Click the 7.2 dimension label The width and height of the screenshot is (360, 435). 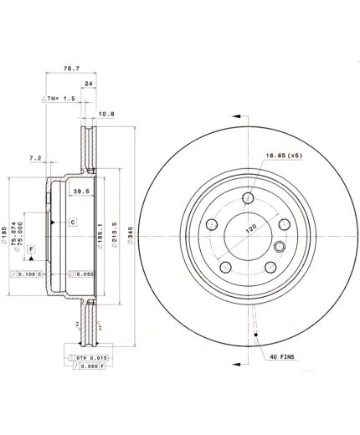point(35,156)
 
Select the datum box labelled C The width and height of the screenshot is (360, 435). point(72,222)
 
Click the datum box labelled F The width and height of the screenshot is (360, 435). point(31,249)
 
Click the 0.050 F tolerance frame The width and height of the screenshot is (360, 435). point(83,367)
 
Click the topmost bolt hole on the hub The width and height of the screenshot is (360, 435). point(249,198)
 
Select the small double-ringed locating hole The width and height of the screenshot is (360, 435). point(279,247)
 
